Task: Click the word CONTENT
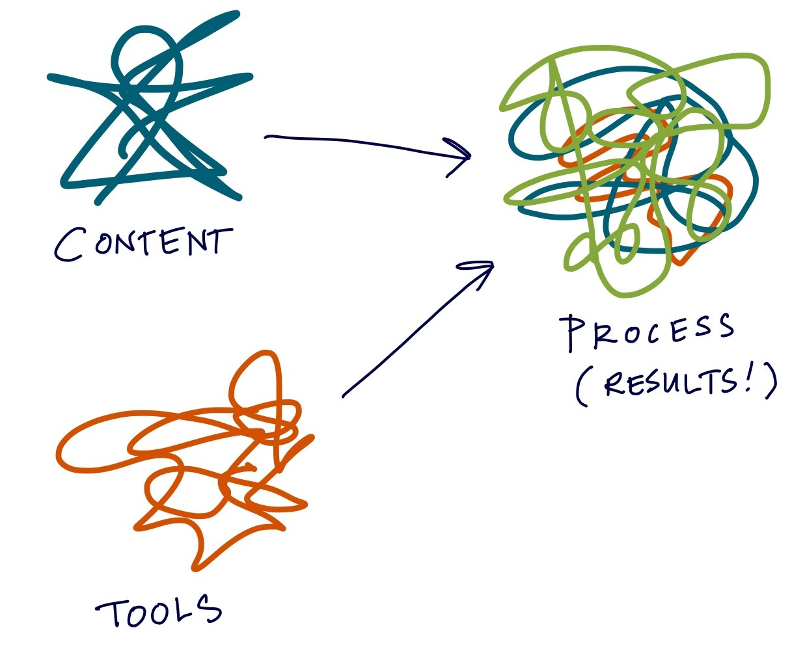coord(143,243)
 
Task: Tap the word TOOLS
coord(159,612)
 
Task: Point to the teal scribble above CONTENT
coord(150,117)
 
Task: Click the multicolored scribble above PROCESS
coord(631,169)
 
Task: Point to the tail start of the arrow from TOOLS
coord(344,395)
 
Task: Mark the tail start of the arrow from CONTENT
coord(267,137)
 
